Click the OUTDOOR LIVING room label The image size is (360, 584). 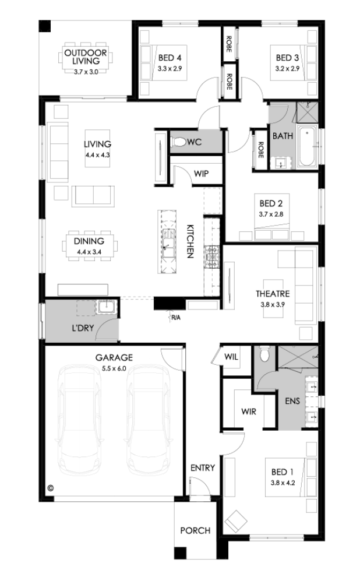click(85, 57)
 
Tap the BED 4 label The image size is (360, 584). click(170, 58)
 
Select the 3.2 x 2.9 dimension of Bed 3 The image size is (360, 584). click(287, 69)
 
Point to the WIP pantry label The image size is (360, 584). click(201, 174)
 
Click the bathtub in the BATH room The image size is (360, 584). click(308, 147)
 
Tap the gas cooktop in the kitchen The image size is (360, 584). click(212, 256)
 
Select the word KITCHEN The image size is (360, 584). click(190, 241)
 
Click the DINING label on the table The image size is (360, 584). click(89, 241)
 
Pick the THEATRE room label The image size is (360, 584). click(273, 294)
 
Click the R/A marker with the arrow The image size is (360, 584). click(174, 316)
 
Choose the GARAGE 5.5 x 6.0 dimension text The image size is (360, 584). click(114, 368)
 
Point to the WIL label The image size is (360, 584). click(231, 357)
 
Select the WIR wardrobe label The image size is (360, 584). click(249, 411)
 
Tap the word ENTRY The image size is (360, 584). click(203, 468)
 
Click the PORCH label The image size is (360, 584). click(195, 530)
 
